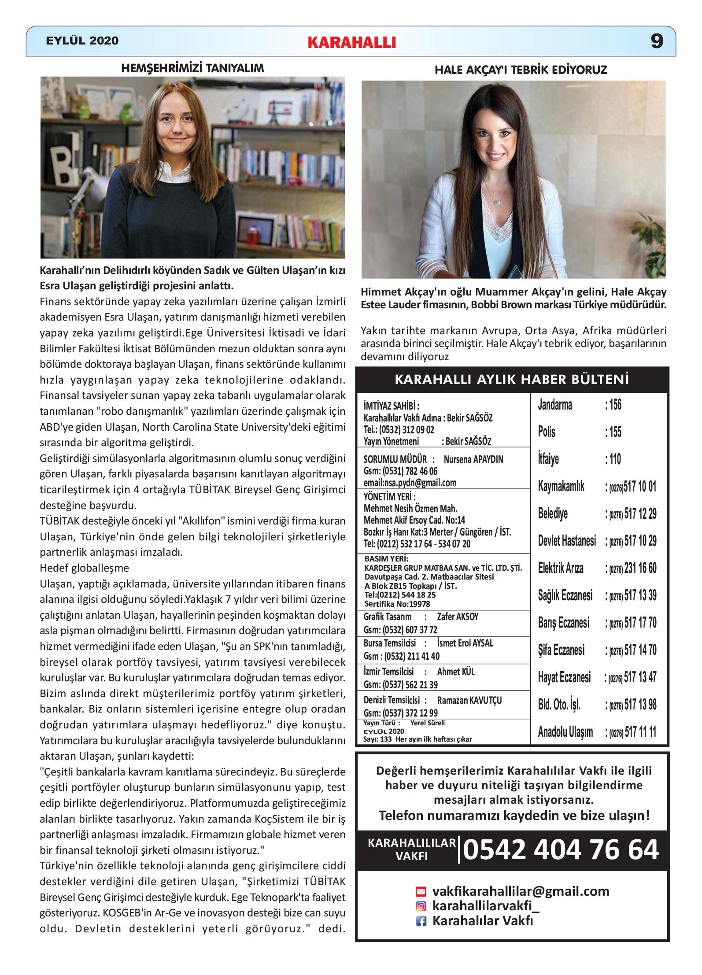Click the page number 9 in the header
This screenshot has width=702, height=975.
pos(657,41)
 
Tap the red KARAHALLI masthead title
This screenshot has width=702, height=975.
pos(352,42)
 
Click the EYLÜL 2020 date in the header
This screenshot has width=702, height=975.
pos(82,41)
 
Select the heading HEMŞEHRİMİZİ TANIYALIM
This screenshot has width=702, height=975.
pos(192,68)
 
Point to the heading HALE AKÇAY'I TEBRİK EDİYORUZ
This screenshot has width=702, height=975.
pos(521,70)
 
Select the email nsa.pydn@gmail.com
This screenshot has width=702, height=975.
pos(410,483)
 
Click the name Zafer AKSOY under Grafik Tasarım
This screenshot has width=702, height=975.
pos(457,617)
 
